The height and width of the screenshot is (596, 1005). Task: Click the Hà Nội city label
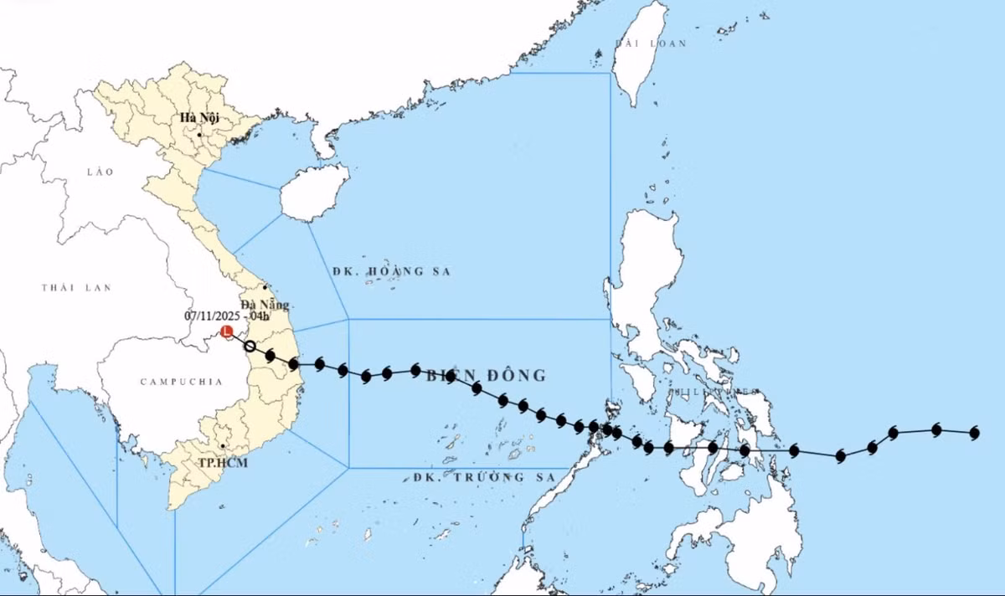pos(199,118)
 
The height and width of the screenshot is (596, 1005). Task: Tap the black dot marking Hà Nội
pos(200,134)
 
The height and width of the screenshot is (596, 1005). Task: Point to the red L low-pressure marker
pos(227,332)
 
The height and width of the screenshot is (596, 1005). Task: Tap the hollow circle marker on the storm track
pos(250,346)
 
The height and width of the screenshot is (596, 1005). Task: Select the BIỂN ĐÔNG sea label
pos(486,375)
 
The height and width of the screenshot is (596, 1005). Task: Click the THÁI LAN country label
pos(76,288)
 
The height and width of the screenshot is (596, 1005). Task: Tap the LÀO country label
pos(99,171)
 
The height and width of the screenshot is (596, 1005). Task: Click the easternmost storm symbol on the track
pos(974,433)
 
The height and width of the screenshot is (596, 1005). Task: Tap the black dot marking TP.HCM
pos(222,446)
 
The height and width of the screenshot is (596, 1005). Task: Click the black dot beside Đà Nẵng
pos(265,287)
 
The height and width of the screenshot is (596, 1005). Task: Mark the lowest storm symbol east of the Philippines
pos(840,456)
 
